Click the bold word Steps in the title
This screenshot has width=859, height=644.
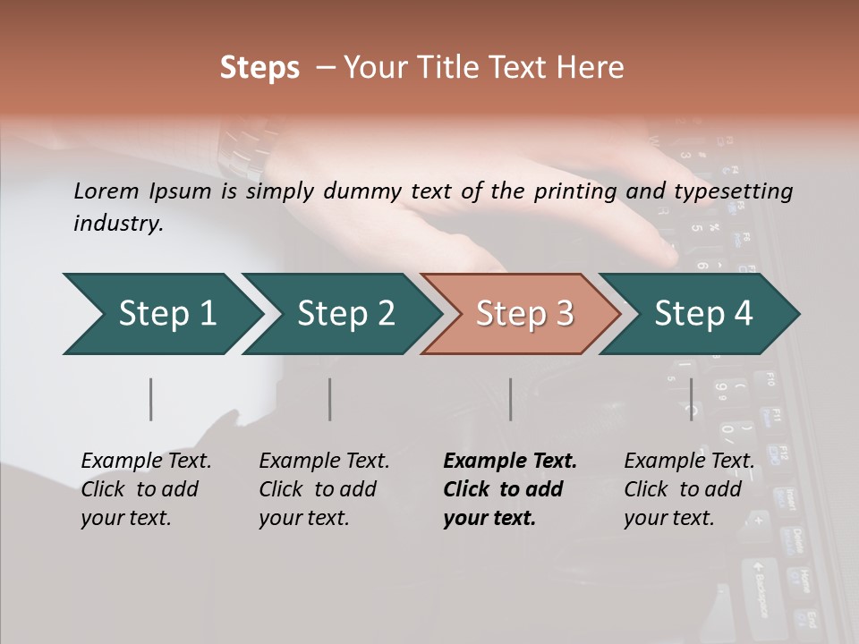tap(259, 68)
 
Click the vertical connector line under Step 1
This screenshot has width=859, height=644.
tap(151, 399)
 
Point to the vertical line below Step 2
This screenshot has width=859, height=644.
tap(330, 399)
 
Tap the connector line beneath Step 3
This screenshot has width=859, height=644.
tap(511, 399)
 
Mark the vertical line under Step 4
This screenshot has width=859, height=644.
tap(691, 399)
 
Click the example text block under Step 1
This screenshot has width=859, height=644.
tap(146, 489)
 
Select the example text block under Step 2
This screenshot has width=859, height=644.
tap(324, 489)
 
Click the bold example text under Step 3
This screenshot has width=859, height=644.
tap(510, 489)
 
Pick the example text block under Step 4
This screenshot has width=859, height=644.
tap(689, 489)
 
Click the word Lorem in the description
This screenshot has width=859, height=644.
tap(106, 191)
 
